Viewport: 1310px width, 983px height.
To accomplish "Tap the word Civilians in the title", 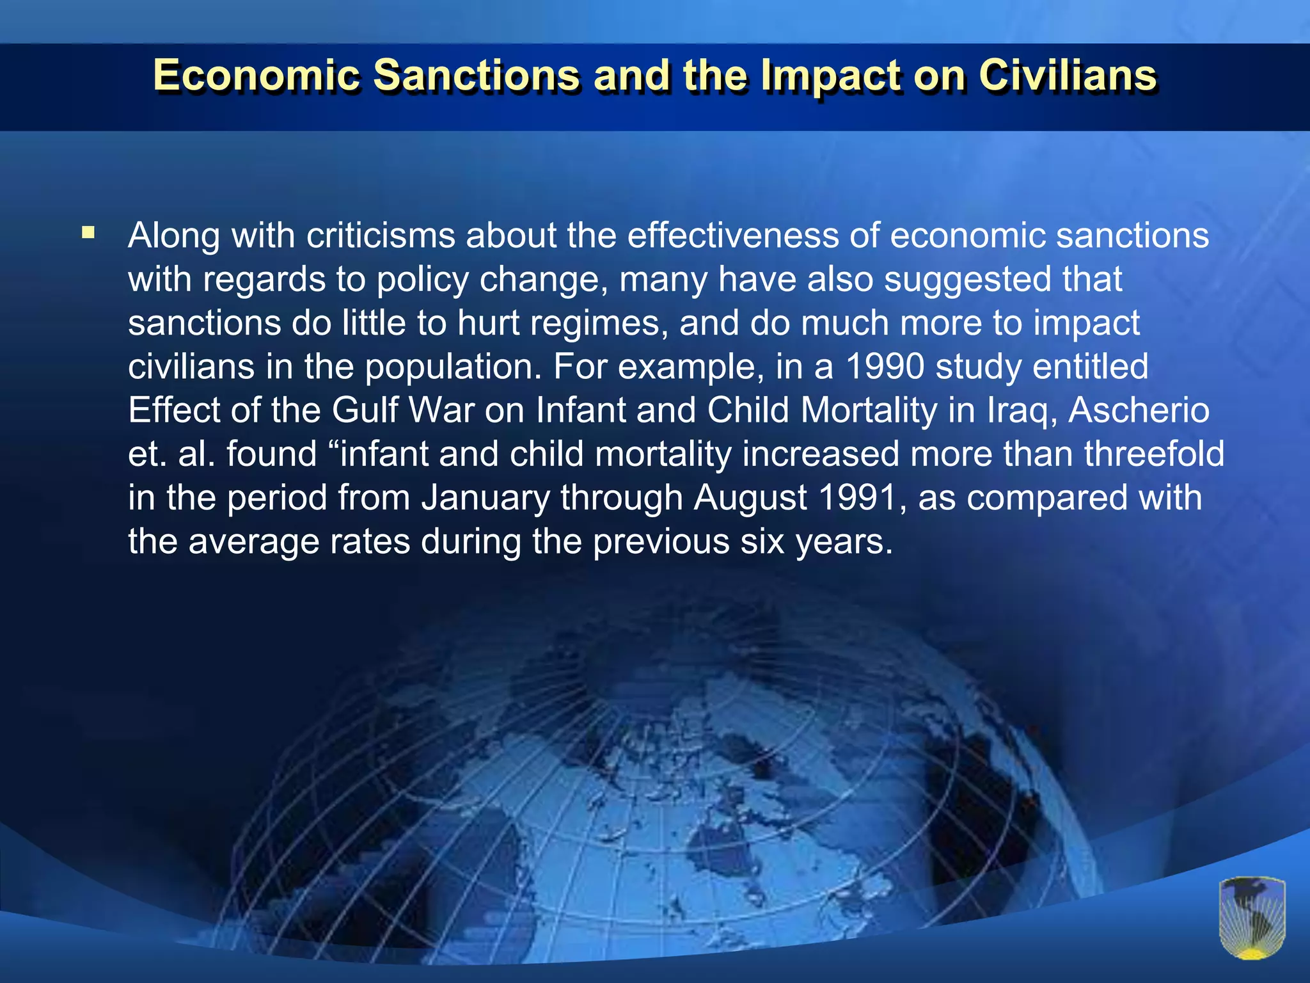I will pos(1068,76).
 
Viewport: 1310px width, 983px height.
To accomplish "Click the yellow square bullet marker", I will pos(88,232).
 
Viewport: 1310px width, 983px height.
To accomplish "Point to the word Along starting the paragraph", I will pos(175,236).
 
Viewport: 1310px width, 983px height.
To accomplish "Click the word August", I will pos(750,498).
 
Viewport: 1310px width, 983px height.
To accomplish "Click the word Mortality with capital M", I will pos(869,410).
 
